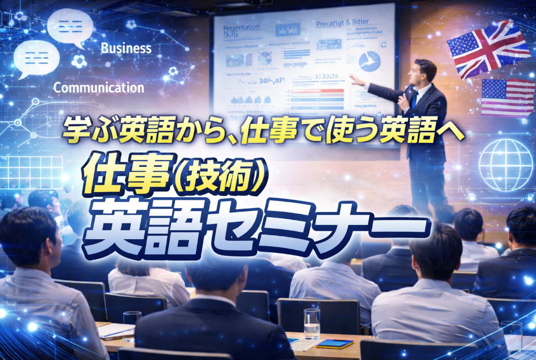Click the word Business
click(126, 49)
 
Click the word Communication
click(98, 87)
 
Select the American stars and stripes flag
click(507, 97)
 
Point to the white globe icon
click(505, 164)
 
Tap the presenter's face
click(423, 74)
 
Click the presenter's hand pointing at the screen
click(357, 80)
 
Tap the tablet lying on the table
click(334, 344)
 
